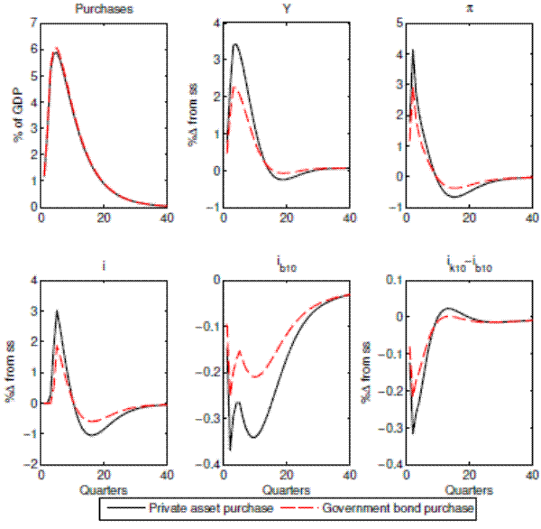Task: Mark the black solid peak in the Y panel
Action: pyautogui.click(x=235, y=44)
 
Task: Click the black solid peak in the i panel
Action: pyautogui.click(x=57, y=311)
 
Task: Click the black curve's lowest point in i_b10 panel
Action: pyautogui.click(x=230, y=450)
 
